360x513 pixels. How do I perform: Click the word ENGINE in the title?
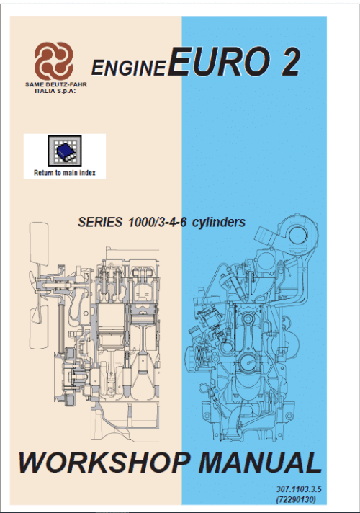pos(130,68)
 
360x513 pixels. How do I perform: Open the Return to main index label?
pos(64,173)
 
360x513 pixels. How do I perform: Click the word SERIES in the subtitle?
pos(100,222)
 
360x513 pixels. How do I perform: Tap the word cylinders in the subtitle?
pos(219,222)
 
